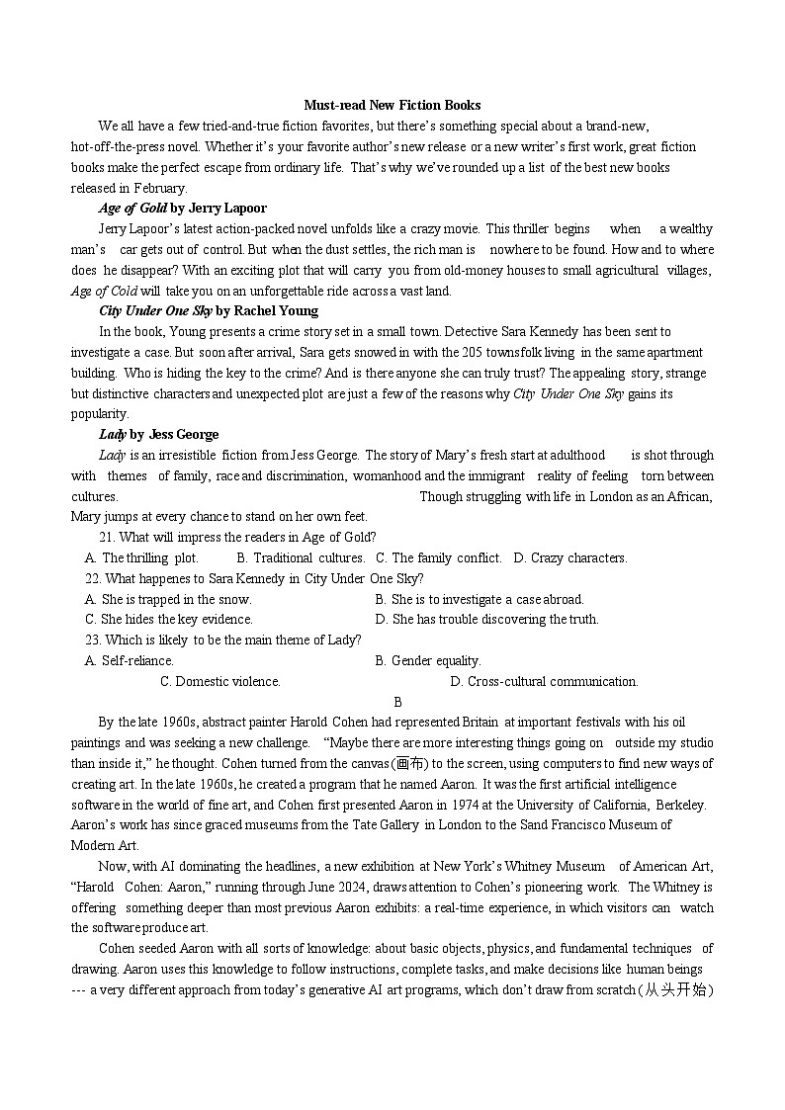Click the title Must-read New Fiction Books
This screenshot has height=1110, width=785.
point(392,105)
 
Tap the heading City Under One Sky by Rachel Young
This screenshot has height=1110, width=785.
point(208,310)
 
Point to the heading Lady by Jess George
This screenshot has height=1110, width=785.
point(158,434)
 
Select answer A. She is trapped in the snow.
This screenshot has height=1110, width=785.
point(169,599)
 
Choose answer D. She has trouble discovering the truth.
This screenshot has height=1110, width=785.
point(487,620)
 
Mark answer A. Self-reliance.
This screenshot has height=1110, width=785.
point(130,660)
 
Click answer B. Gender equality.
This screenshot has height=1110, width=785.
point(428,660)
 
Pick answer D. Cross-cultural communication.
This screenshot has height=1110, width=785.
point(544,681)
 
